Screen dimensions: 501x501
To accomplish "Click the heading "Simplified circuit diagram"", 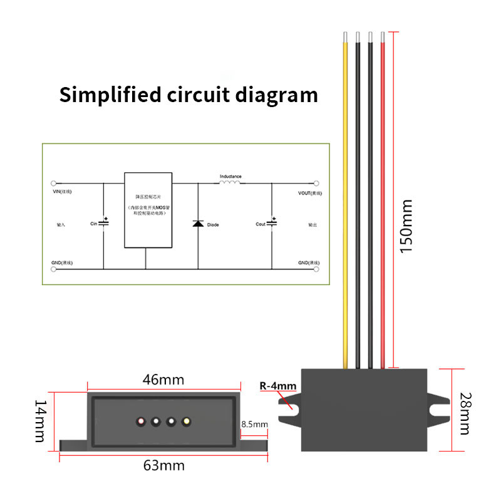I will coord(188,95).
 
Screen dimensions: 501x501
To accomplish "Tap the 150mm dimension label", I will coord(406,225).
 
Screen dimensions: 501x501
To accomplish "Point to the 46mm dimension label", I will coord(164,380).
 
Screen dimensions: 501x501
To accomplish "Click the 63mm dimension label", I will coord(164,465).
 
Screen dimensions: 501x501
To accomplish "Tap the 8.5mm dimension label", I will coord(254,424).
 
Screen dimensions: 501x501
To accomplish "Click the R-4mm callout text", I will coord(278,386).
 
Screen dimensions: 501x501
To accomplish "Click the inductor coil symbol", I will coord(230,182).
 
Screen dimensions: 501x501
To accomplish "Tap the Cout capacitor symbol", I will coord(271,223).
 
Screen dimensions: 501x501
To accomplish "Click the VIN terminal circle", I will coord(53,183).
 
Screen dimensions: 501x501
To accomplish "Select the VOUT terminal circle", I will coord(316,183).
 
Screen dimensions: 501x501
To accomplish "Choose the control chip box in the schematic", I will coord(148,210).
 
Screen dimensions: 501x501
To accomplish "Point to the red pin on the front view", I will coord(142,421).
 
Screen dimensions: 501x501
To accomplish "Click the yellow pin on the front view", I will coord(185,421).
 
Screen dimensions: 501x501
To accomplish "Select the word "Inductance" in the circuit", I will coord(230,176).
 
